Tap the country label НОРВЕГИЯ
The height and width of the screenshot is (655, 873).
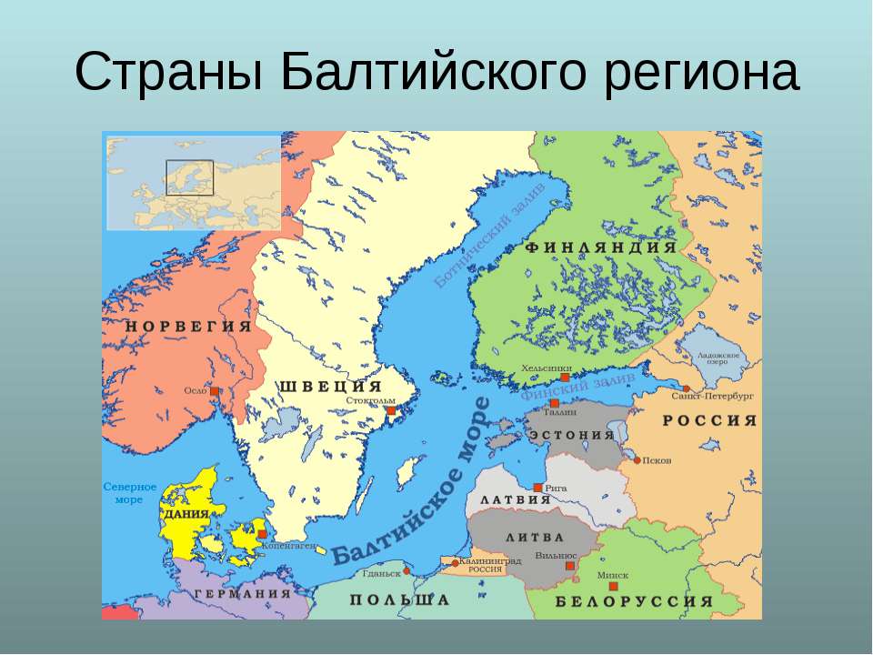coord(189,326)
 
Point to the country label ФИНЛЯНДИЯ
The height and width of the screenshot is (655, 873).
coord(601,247)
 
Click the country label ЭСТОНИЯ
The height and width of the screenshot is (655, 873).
coord(571,435)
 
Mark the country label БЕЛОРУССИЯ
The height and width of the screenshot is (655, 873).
coord(634,601)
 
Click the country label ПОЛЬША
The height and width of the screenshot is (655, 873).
coord(400,600)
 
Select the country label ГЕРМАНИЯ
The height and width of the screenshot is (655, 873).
coord(242,593)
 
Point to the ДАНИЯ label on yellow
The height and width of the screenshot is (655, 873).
coord(186,514)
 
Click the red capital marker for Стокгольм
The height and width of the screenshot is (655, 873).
coord(391,411)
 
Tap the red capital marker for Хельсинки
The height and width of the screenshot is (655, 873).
coord(565,377)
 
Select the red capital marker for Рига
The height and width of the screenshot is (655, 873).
coord(538,488)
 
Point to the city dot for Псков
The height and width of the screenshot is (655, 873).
coord(637,459)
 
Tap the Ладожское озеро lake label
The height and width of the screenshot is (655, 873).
coord(718,358)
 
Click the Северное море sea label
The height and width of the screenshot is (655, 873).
coord(129,493)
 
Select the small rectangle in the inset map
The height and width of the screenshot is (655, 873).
coord(189,177)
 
